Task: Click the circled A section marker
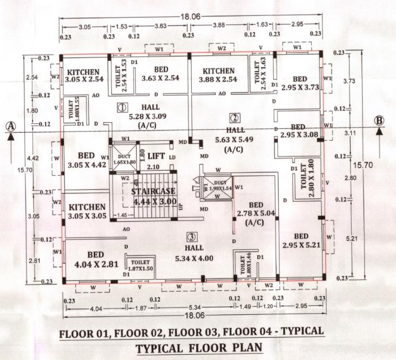(11, 127)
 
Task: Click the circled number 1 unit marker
(121, 106)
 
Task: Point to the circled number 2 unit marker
(233, 118)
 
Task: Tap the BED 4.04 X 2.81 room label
(96, 258)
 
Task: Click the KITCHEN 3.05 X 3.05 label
(85, 211)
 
